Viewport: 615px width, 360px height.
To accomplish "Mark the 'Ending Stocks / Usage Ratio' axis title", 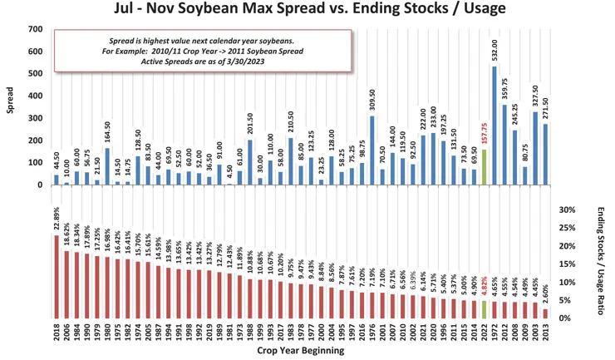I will tap(600, 262).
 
